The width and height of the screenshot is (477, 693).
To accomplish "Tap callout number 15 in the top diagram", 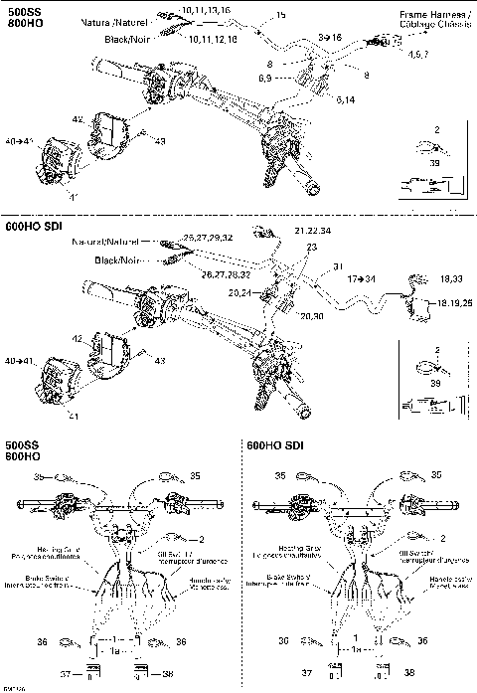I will [x=280, y=15].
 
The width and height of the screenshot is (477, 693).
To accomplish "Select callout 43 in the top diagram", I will [x=159, y=140].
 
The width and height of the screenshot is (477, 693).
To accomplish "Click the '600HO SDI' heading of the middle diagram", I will [x=34, y=228].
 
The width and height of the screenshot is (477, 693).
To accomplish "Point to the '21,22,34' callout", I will [x=312, y=231].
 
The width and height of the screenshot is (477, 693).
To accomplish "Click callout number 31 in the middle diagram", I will [x=337, y=265].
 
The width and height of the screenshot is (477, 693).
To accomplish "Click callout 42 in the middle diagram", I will [x=105, y=339].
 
